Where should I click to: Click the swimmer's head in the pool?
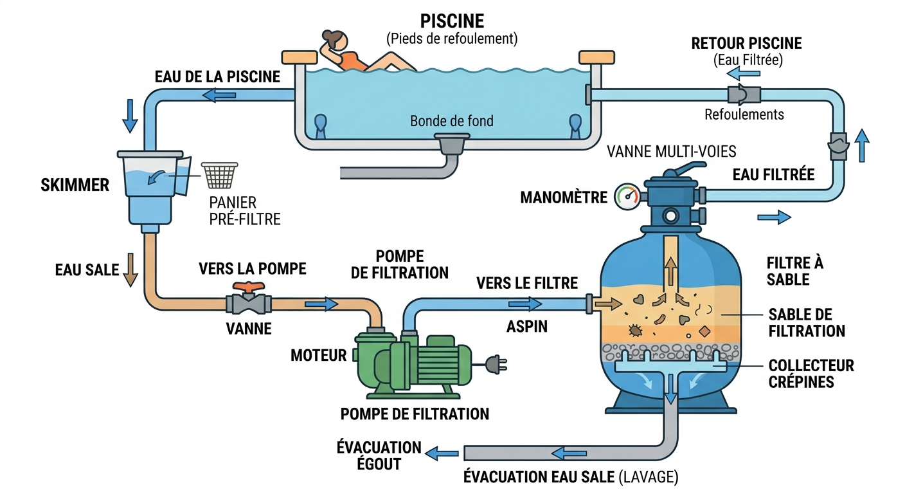(334, 42)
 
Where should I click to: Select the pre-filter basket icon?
(220, 174)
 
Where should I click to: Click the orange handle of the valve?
(249, 288)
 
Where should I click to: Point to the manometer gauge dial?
(627, 197)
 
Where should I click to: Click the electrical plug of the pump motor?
(497, 365)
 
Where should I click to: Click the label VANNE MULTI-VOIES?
(672, 152)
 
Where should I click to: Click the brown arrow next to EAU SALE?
(130, 270)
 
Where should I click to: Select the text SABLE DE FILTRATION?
(806, 323)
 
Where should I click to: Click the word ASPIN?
(526, 327)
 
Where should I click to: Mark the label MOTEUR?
(318, 355)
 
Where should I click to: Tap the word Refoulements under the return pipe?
(744, 115)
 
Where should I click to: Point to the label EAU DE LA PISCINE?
(217, 77)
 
